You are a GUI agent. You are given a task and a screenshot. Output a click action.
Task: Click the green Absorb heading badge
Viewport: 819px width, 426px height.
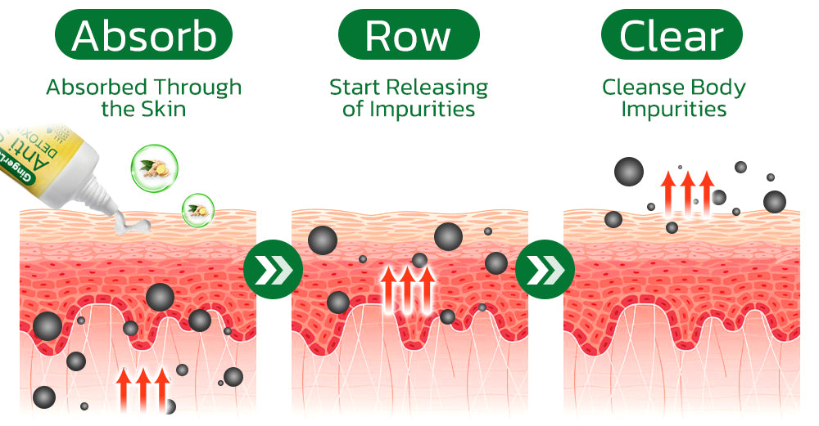click(x=143, y=35)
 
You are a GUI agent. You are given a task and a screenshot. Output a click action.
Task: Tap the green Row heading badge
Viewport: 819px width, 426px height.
click(x=407, y=35)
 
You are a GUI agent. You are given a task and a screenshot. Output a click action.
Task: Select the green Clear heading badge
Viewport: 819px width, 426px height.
click(x=672, y=35)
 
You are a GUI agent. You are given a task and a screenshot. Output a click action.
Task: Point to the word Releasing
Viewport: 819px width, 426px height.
click(x=439, y=87)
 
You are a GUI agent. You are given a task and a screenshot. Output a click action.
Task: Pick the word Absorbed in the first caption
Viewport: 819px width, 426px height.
click(x=97, y=87)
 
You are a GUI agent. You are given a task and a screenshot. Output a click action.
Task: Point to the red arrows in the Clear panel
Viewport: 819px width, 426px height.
click(x=687, y=194)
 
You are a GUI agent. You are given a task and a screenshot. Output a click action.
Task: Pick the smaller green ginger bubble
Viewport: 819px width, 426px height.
click(x=197, y=209)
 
